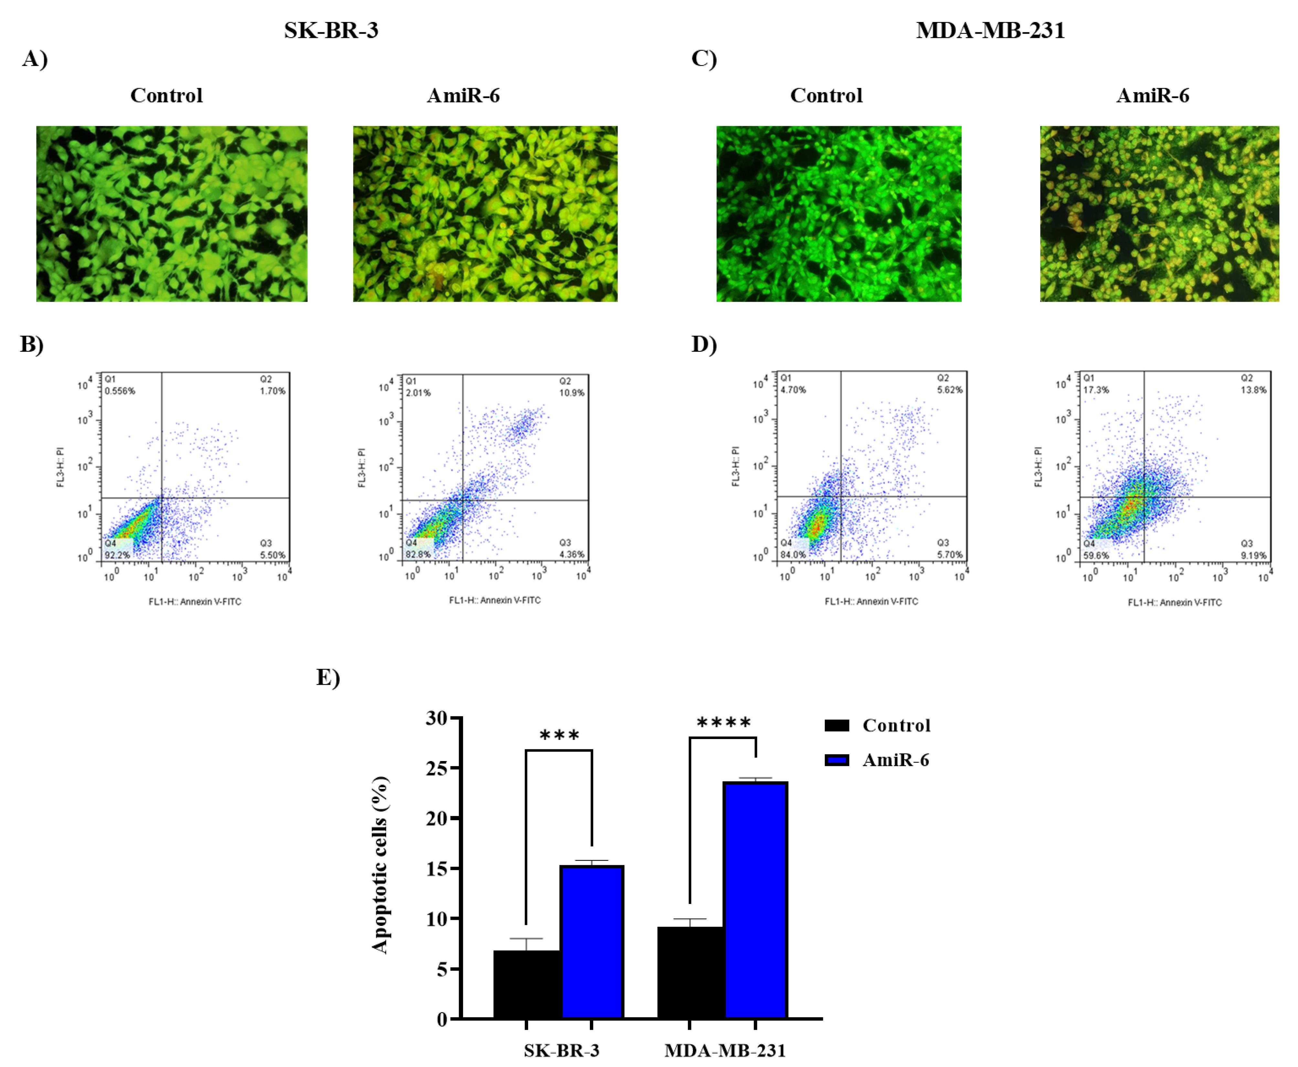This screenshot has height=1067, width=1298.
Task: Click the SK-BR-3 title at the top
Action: pos(331,30)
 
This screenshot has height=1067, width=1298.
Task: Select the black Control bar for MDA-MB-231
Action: pos(690,972)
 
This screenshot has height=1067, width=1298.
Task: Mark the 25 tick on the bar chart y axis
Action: pos(437,768)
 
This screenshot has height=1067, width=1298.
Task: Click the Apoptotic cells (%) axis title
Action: pos(380,865)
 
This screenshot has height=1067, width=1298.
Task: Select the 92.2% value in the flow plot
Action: pos(117,555)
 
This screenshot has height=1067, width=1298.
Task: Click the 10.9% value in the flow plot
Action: pos(571,393)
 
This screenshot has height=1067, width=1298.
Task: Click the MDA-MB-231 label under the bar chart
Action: pos(725,1051)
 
